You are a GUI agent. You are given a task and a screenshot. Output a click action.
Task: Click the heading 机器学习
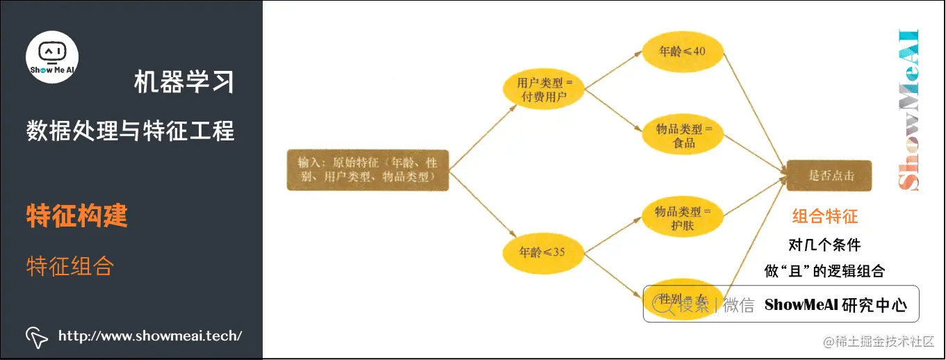pyautogui.click(x=184, y=83)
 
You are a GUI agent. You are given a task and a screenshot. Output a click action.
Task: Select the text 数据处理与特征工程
pyautogui.click(x=131, y=130)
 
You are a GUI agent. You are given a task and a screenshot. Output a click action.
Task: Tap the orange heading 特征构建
pyautogui.click(x=77, y=216)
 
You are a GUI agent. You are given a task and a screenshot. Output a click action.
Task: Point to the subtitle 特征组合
pyautogui.click(x=70, y=265)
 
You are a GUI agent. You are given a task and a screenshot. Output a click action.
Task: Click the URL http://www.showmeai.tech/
pyautogui.click(x=150, y=336)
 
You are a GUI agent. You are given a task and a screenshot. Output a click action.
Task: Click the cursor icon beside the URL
pyautogui.click(x=37, y=336)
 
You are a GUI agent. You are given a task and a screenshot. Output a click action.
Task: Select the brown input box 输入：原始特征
pyautogui.click(x=368, y=170)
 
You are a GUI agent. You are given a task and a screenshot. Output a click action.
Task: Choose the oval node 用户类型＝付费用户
pyautogui.click(x=544, y=90)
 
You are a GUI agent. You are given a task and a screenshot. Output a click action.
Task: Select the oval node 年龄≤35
pyautogui.click(x=544, y=252)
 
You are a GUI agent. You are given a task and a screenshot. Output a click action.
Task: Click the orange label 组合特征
pyautogui.click(x=825, y=217)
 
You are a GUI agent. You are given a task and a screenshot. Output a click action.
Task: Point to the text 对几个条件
pyautogui.click(x=824, y=245)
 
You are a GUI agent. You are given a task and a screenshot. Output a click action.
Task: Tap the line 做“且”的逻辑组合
pyautogui.click(x=824, y=271)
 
